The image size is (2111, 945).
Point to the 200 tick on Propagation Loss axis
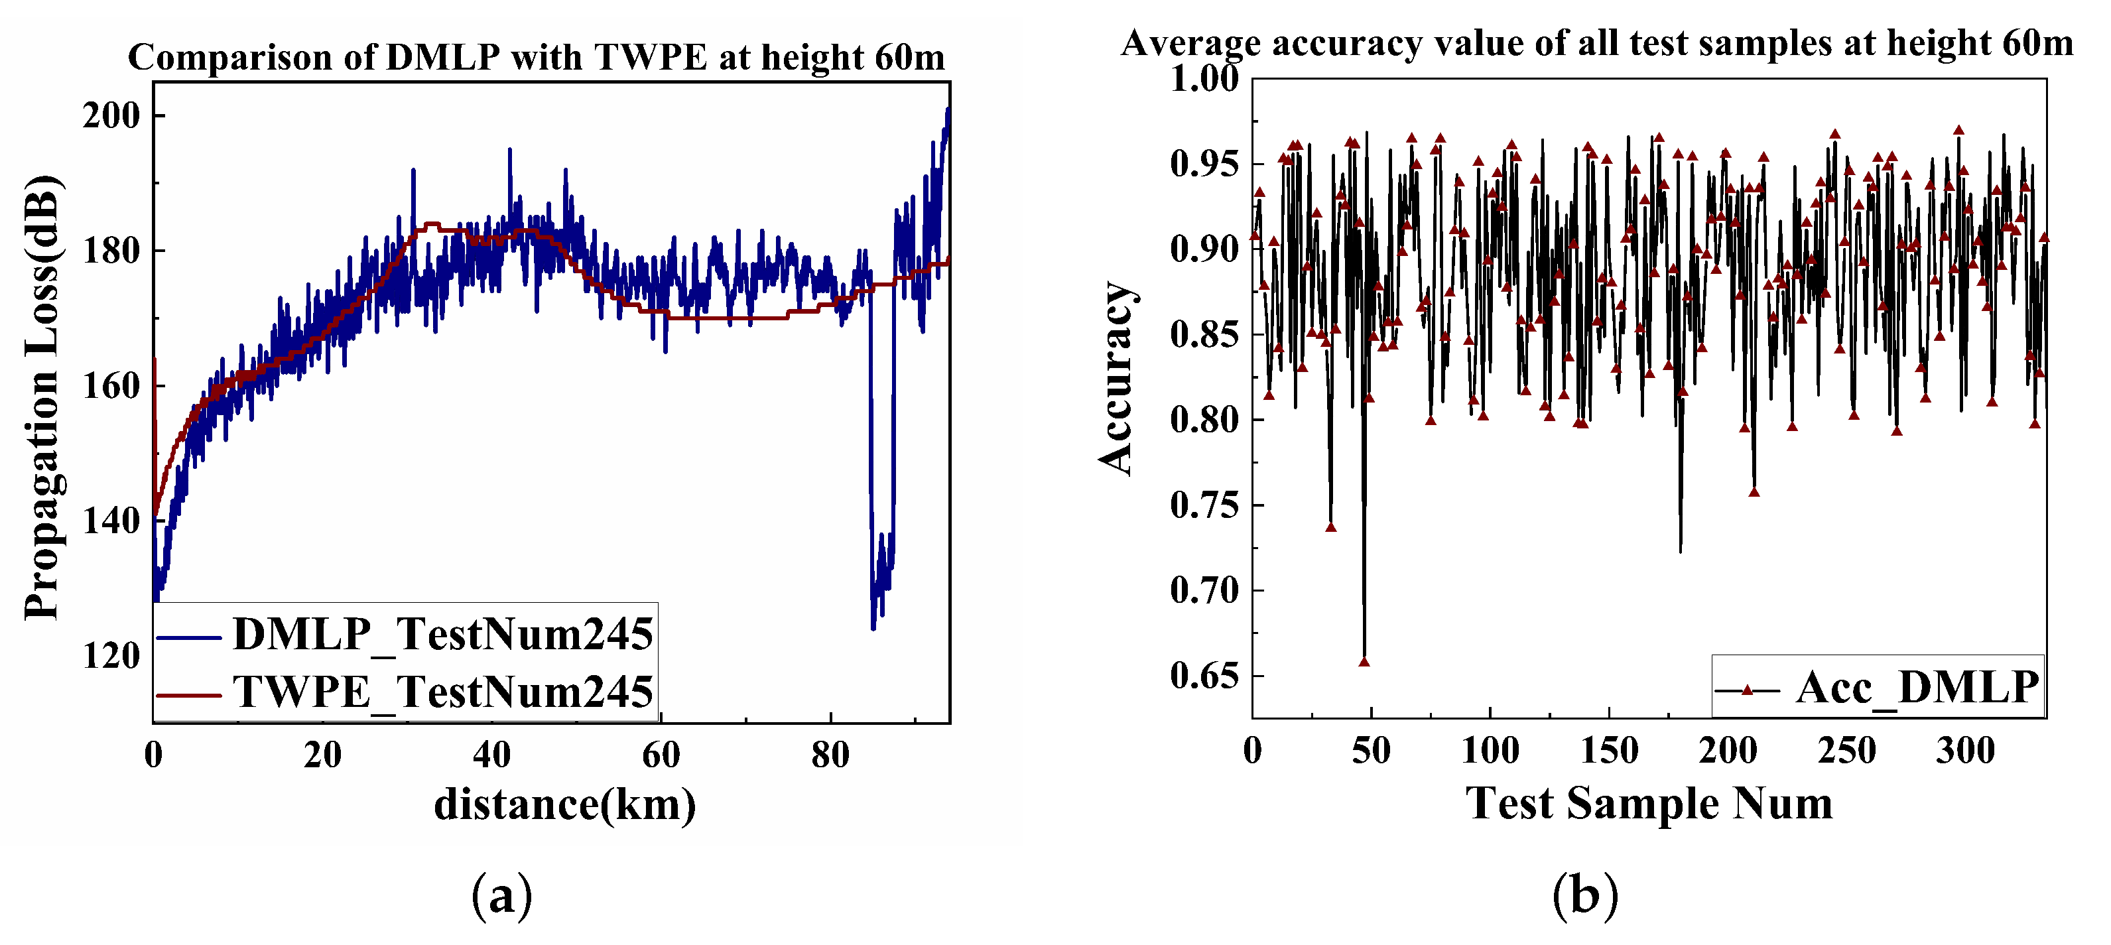click(x=111, y=115)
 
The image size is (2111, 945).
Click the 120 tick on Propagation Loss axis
click(x=111, y=656)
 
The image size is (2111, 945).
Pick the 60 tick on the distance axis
click(x=661, y=755)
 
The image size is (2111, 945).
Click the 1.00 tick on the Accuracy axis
click(x=1204, y=80)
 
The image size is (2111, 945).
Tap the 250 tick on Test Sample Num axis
click(x=1846, y=751)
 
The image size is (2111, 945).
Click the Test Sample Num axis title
click(x=1649, y=803)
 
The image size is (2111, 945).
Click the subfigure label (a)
click(x=501, y=896)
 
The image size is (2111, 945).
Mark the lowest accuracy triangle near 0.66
click(x=1364, y=661)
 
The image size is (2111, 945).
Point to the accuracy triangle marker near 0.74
click(x=1331, y=527)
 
